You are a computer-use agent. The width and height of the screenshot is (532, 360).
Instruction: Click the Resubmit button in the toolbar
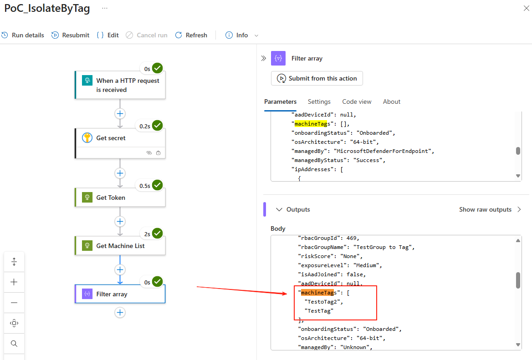[71, 35]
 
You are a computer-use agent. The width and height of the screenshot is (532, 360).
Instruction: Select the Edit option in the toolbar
[108, 35]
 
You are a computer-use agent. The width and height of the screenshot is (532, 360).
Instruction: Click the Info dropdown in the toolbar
[242, 35]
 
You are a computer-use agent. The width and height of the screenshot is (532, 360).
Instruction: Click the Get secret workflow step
[120, 138]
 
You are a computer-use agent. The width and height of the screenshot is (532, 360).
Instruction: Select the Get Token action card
[120, 198]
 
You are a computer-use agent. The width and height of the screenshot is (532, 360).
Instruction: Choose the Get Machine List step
[120, 246]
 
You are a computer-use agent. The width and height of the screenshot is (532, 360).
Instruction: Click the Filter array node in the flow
[120, 294]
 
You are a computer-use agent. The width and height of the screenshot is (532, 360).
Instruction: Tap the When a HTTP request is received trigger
[120, 85]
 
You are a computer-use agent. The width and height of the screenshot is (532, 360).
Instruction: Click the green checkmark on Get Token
[158, 185]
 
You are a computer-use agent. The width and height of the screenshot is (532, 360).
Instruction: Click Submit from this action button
[317, 78]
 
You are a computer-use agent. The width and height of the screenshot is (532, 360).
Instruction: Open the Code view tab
[357, 101]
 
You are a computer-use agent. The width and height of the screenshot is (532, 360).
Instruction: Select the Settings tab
[319, 101]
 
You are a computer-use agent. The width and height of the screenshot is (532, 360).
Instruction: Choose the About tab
[392, 101]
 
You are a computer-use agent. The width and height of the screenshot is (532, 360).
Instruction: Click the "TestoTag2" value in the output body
[323, 302]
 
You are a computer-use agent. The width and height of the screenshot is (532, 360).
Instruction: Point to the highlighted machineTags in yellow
[307, 124]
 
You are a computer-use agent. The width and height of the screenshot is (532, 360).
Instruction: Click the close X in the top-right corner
[526, 9]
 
